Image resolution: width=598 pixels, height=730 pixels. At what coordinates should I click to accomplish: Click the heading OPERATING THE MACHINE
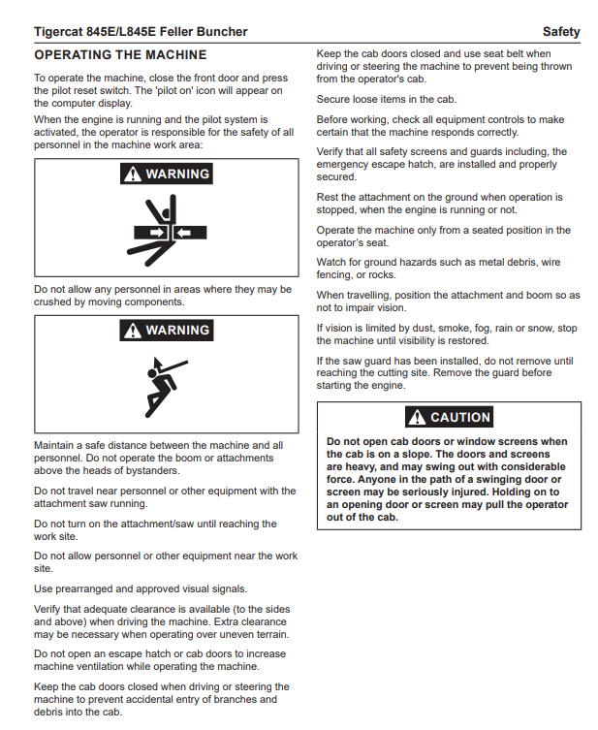(x=120, y=55)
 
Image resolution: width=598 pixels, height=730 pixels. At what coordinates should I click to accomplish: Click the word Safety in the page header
(x=561, y=32)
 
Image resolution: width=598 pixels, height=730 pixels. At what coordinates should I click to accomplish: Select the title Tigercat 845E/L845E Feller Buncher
(x=141, y=32)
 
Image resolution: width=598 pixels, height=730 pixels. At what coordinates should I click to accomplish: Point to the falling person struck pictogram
(x=166, y=385)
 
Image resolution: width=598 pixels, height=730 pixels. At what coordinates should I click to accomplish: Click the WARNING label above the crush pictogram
(x=166, y=175)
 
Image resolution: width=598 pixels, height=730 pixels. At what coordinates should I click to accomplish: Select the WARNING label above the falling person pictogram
(x=166, y=331)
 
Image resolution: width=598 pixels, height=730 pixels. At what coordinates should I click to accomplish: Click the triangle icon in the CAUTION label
(x=418, y=417)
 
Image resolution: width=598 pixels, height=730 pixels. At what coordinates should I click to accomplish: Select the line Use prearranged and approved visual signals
(x=141, y=588)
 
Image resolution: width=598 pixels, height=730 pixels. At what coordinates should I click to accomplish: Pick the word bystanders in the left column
(x=149, y=471)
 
